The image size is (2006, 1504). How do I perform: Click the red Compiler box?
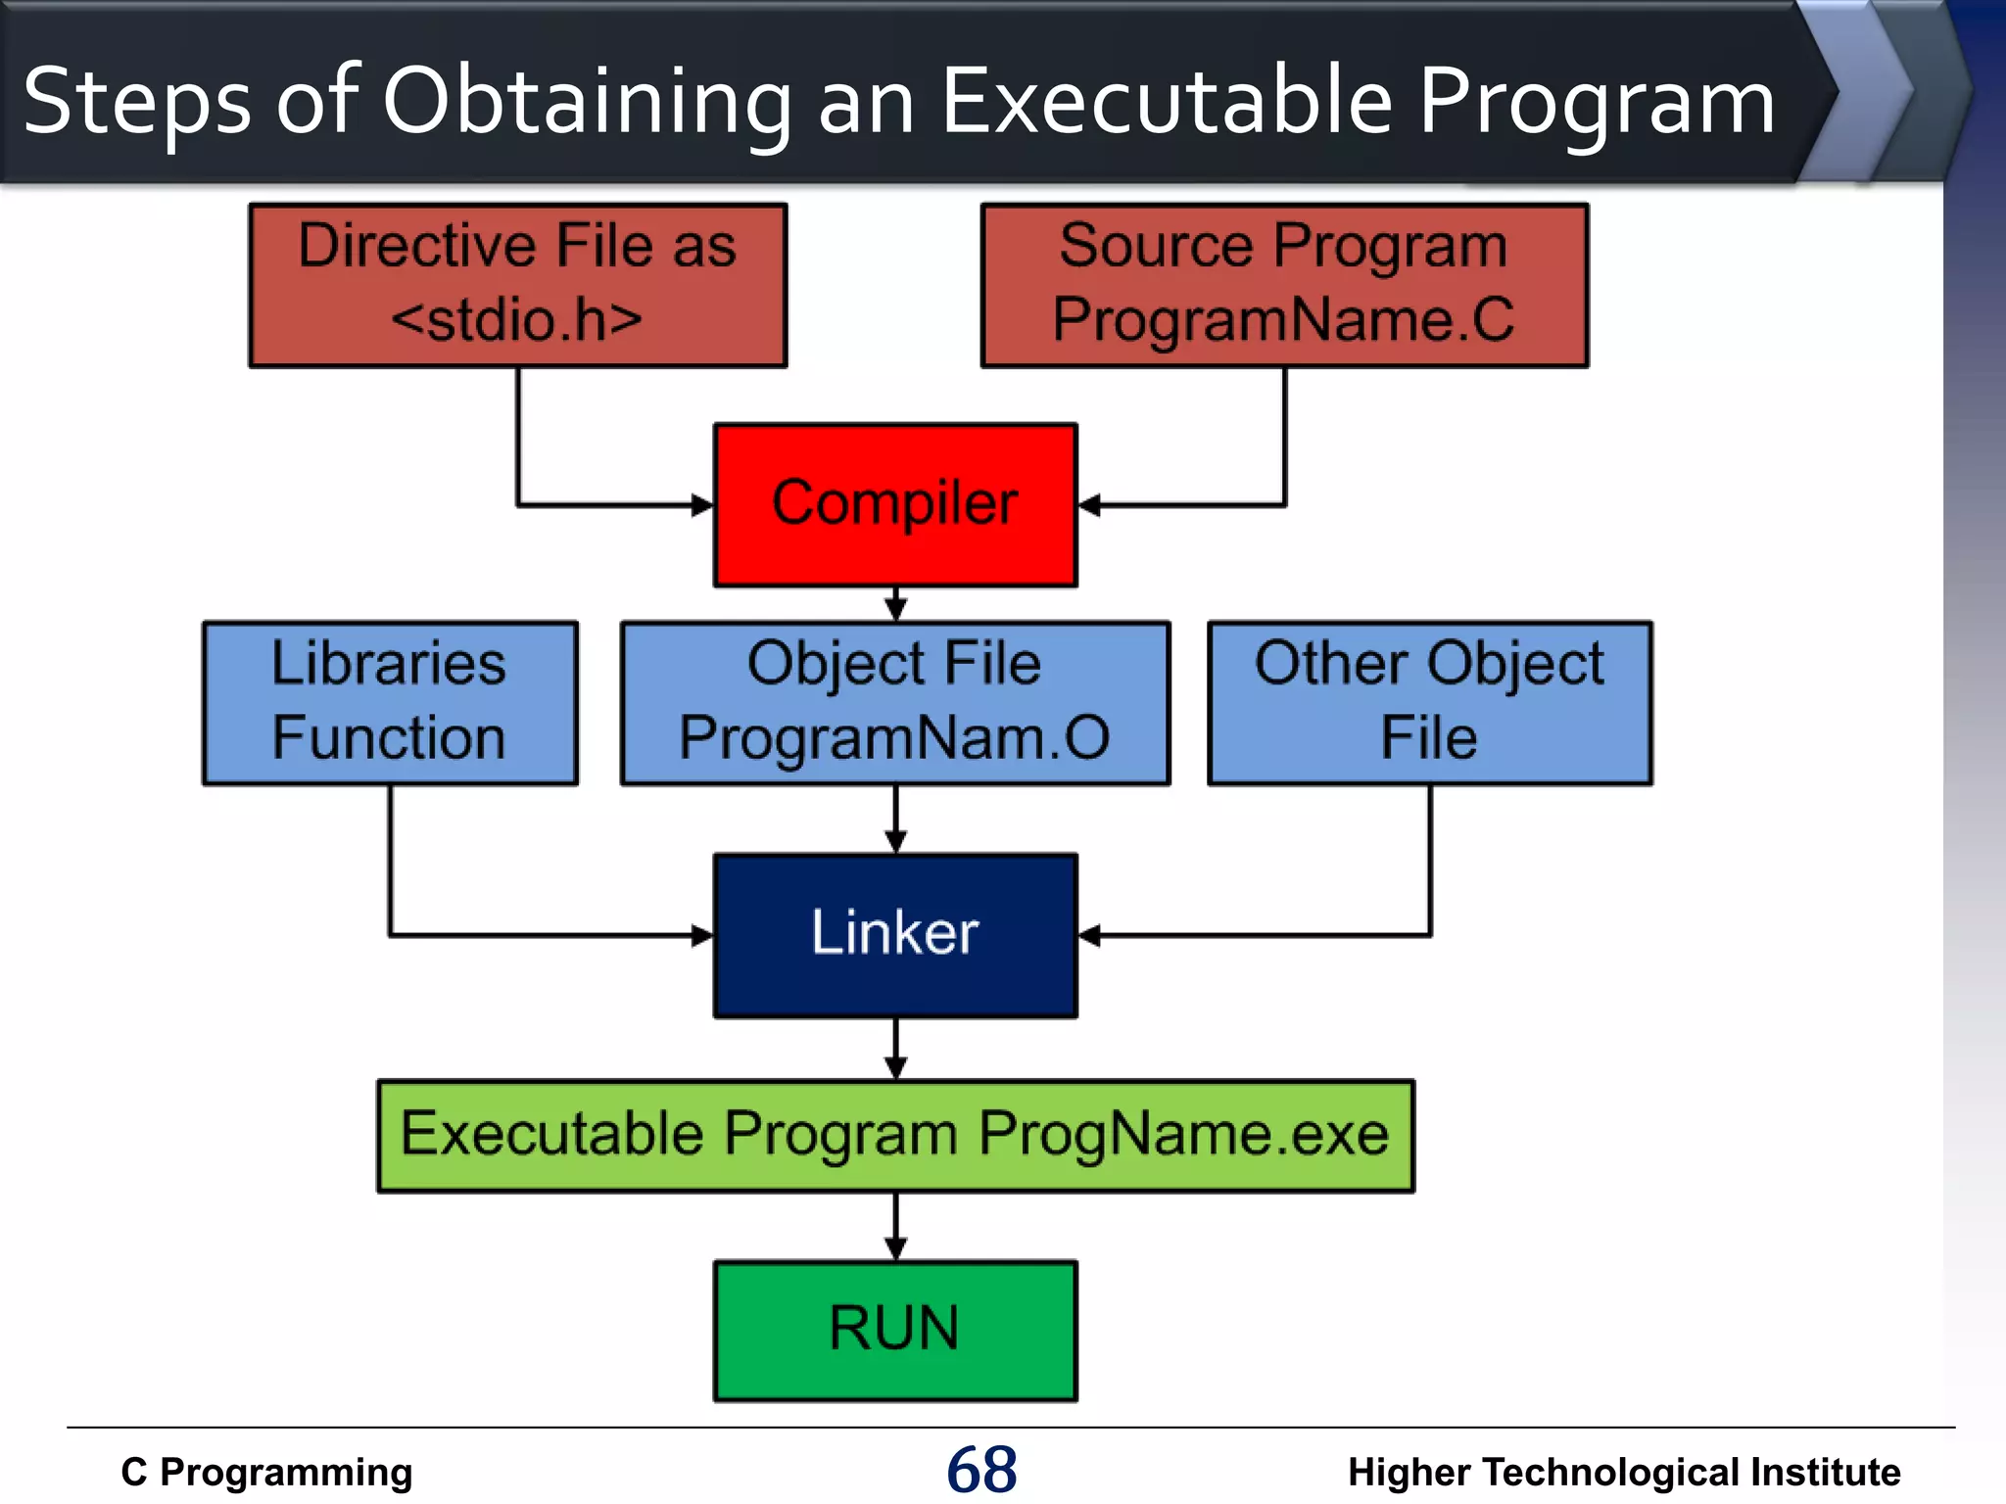pyautogui.click(x=895, y=505)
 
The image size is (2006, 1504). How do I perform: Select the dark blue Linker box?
pyautogui.click(x=895, y=935)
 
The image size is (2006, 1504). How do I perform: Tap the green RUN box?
pyautogui.click(x=895, y=1330)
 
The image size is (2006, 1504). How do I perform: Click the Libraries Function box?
pyautogui.click(x=390, y=702)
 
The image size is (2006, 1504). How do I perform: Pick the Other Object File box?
pyautogui.click(x=1429, y=702)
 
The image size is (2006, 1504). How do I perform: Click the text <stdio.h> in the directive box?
pyautogui.click(x=517, y=319)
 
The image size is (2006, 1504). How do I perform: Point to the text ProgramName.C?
pyautogui.click(x=1283, y=319)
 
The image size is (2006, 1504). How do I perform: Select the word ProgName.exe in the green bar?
pyautogui.click(x=1183, y=1134)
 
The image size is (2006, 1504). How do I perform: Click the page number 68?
pyautogui.click(x=981, y=1470)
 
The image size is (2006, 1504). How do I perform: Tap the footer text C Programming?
pyautogui.click(x=266, y=1472)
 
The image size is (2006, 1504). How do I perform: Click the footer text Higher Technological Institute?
pyautogui.click(x=1623, y=1472)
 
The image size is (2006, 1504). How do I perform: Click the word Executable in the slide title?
pyautogui.click(x=1166, y=102)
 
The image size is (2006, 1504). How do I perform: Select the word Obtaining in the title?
pyautogui.click(x=587, y=102)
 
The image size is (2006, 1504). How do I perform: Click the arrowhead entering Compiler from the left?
pyautogui.click(x=702, y=505)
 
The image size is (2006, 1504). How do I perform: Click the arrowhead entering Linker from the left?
pyautogui.click(x=702, y=935)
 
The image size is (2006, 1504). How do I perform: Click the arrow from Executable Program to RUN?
pyautogui.click(x=895, y=1228)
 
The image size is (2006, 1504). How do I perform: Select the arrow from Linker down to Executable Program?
pyautogui.click(x=895, y=1050)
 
